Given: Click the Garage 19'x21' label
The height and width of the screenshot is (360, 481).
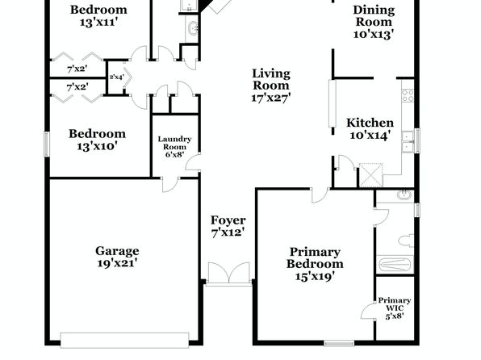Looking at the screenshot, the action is tap(117, 257).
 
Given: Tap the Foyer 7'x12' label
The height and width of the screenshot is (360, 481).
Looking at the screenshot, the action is tap(228, 226).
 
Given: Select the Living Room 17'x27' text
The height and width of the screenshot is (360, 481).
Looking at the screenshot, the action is tap(271, 86).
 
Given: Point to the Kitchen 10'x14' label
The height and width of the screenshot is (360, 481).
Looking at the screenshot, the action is tap(370, 128).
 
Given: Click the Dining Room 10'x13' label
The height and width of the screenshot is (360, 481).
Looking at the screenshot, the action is tap(374, 22).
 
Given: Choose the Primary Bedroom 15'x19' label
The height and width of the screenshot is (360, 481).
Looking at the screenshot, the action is tap(315, 264).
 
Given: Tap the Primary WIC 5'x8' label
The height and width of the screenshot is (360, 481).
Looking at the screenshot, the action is tap(394, 308).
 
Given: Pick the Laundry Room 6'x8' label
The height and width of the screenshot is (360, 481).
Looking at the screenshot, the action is tap(174, 147).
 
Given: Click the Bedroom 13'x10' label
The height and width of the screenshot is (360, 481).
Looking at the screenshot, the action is tap(97, 140).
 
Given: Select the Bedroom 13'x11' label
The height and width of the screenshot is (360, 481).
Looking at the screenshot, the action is tap(98, 15).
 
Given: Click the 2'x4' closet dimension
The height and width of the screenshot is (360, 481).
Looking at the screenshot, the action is tap(116, 77).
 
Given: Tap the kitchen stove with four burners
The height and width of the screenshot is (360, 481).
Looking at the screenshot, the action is tap(408, 95).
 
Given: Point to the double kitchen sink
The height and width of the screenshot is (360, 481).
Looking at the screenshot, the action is tap(408, 141).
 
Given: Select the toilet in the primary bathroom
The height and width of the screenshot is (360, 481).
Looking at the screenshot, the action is tap(406, 241).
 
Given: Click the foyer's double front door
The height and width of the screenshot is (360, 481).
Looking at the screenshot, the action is tap(229, 273).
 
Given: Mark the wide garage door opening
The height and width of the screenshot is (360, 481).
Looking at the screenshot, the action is tap(124, 340).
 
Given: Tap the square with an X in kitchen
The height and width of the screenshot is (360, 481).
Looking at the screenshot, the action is tap(371, 175).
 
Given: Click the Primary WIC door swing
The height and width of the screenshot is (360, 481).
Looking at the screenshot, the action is tap(368, 311).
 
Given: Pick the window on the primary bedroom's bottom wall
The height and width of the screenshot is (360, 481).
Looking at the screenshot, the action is tap(339, 344).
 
